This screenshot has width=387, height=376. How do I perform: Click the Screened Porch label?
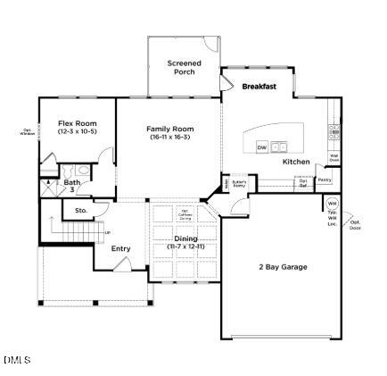click(x=185, y=67)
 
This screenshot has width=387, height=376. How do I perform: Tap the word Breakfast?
click(x=259, y=87)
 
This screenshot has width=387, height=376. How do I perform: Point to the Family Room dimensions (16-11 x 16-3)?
click(x=169, y=137)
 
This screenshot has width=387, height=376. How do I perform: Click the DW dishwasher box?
click(x=262, y=146)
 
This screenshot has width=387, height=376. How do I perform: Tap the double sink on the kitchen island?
click(x=279, y=146)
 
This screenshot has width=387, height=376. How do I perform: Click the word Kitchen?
click(x=296, y=162)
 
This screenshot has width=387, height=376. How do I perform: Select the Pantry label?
click(x=325, y=180)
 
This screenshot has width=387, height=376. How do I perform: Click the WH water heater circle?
click(x=332, y=204)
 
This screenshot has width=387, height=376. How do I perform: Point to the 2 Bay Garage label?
click(x=283, y=267)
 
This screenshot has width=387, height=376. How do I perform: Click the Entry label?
click(x=120, y=248)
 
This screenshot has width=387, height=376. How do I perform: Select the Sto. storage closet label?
click(x=80, y=211)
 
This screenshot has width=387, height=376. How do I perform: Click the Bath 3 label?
click(x=71, y=186)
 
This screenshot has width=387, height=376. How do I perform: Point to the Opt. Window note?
click(x=27, y=131)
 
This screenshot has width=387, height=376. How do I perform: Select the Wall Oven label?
click(x=334, y=158)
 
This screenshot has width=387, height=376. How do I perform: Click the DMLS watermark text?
click(x=16, y=360)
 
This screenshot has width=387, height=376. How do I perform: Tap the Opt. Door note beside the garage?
click(x=355, y=224)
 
